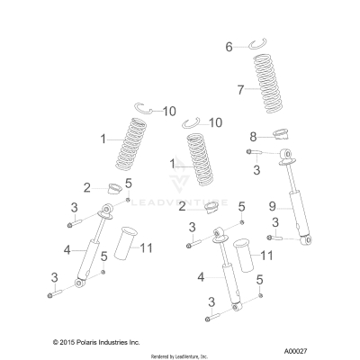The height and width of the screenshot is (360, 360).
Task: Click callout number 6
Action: click(229, 46)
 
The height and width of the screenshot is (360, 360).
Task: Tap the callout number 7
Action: click(239, 90)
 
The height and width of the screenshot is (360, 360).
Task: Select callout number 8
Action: click(253, 136)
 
